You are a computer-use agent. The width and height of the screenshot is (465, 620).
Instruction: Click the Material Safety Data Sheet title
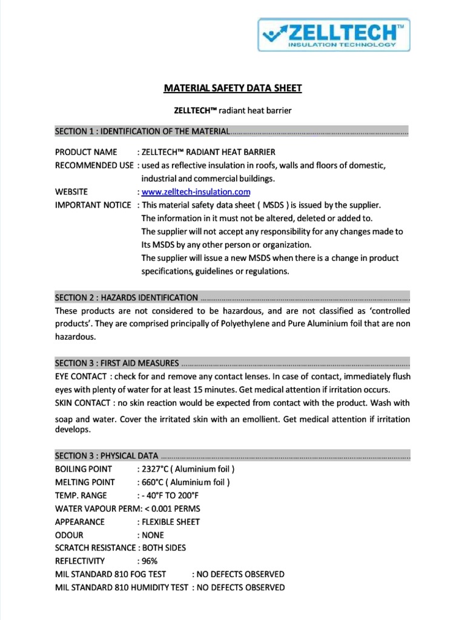(x=232, y=88)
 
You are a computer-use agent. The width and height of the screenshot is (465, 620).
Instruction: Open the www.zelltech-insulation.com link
(x=196, y=192)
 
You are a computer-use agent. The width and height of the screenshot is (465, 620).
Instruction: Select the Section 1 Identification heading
(x=142, y=131)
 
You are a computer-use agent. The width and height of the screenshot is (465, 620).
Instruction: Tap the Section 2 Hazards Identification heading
(x=127, y=297)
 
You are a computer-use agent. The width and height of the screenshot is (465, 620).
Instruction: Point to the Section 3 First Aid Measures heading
(x=117, y=363)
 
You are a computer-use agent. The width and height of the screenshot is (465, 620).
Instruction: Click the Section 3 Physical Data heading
(x=107, y=456)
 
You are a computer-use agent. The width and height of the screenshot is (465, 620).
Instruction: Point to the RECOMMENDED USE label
(x=94, y=165)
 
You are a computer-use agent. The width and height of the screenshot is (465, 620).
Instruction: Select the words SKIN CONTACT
(x=82, y=403)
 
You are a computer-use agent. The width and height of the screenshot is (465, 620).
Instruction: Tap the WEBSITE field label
(x=71, y=192)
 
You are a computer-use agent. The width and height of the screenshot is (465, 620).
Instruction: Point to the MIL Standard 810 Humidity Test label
(x=121, y=587)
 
